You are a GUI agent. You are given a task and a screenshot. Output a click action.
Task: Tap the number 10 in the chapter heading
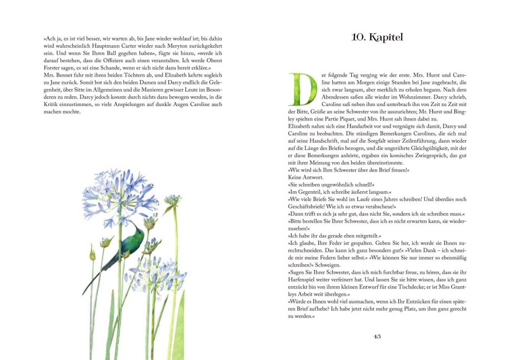point(358,38)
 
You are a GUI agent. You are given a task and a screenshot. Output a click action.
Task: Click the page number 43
point(377,336)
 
